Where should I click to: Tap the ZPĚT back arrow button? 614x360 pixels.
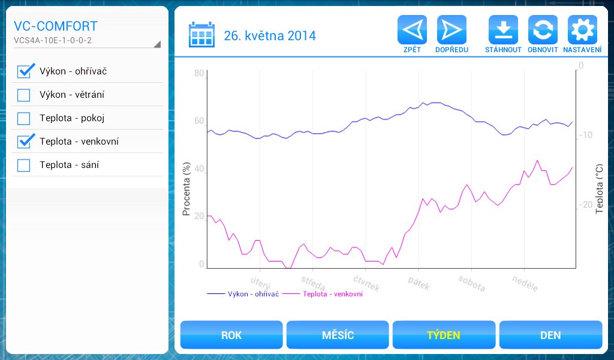click(x=412, y=30)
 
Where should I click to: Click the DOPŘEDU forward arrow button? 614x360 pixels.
click(x=452, y=30)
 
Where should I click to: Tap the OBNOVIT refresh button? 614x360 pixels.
click(x=543, y=30)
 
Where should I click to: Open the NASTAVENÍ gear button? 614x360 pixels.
click(x=582, y=30)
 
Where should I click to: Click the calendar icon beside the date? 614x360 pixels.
click(x=201, y=35)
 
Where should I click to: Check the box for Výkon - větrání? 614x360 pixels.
click(x=24, y=95)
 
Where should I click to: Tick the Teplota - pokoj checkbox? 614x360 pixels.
click(x=24, y=118)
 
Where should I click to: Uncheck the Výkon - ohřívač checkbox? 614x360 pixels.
click(x=25, y=71)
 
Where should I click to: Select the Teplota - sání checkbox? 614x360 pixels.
click(x=24, y=165)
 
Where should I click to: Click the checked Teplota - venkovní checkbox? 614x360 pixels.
click(x=25, y=142)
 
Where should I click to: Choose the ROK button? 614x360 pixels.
click(x=231, y=335)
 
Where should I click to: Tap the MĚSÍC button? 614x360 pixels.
click(x=338, y=335)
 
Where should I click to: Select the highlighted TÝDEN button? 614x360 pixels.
click(x=444, y=335)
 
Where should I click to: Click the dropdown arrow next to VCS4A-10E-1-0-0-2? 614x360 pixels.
click(x=157, y=44)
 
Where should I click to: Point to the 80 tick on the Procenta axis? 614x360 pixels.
click(x=199, y=73)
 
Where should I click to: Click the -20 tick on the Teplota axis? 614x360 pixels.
click(x=585, y=205)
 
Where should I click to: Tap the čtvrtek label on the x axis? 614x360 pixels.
click(x=366, y=283)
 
